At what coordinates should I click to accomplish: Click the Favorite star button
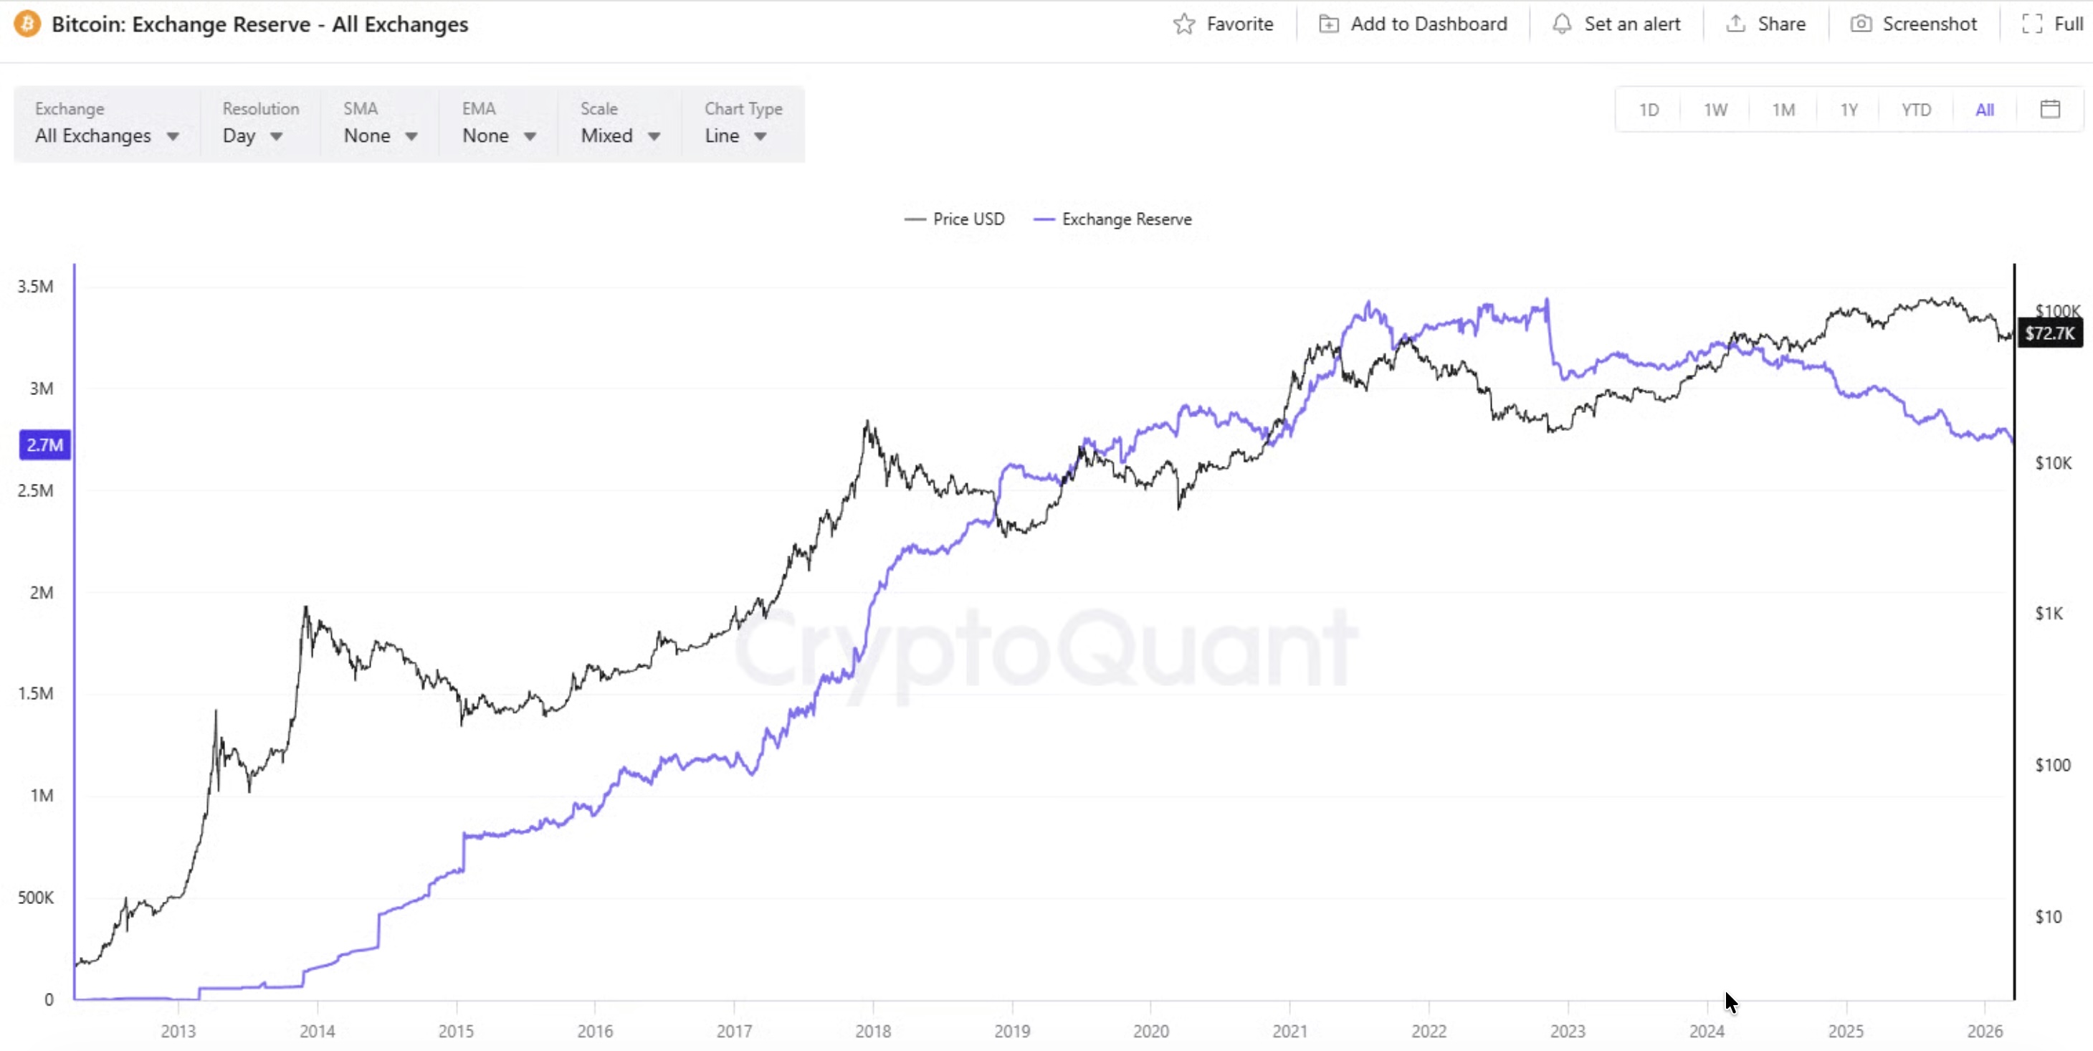pos(1223,24)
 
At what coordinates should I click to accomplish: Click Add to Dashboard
pos(1413,24)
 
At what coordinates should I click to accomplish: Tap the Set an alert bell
pos(1616,24)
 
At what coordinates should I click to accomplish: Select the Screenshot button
pos(1913,24)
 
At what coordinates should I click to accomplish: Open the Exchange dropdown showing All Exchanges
pos(106,135)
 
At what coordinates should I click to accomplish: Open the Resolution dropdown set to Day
pos(253,135)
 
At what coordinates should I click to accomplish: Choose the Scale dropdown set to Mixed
pos(620,135)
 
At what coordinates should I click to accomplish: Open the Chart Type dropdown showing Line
pos(735,135)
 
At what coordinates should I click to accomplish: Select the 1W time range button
pos(1715,110)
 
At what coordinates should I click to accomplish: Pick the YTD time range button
pos(1916,110)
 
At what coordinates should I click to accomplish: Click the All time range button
pos(1984,110)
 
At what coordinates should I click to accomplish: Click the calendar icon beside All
pos(2050,109)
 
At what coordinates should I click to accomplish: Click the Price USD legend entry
pos(955,219)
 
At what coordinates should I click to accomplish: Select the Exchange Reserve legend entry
pos(1113,219)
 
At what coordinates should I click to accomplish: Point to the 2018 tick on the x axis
pos(872,1031)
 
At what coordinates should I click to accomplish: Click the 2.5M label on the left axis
pos(36,490)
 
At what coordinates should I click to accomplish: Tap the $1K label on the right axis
pos(2049,613)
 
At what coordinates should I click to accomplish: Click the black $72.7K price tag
pos(2049,333)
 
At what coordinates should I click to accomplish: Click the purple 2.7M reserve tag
pos(44,444)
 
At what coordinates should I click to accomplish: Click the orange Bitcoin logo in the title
pos(27,24)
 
